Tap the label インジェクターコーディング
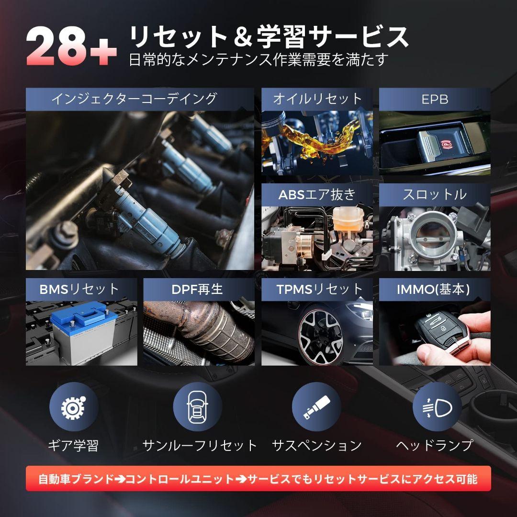[134, 99]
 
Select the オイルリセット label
[317, 99]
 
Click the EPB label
[434, 99]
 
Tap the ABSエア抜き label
[317, 194]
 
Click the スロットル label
[434, 194]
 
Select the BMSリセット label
[79, 289]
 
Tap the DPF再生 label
[197, 289]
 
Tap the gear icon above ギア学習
[74, 407]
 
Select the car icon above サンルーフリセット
[197, 407]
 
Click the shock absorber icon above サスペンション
[316, 407]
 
